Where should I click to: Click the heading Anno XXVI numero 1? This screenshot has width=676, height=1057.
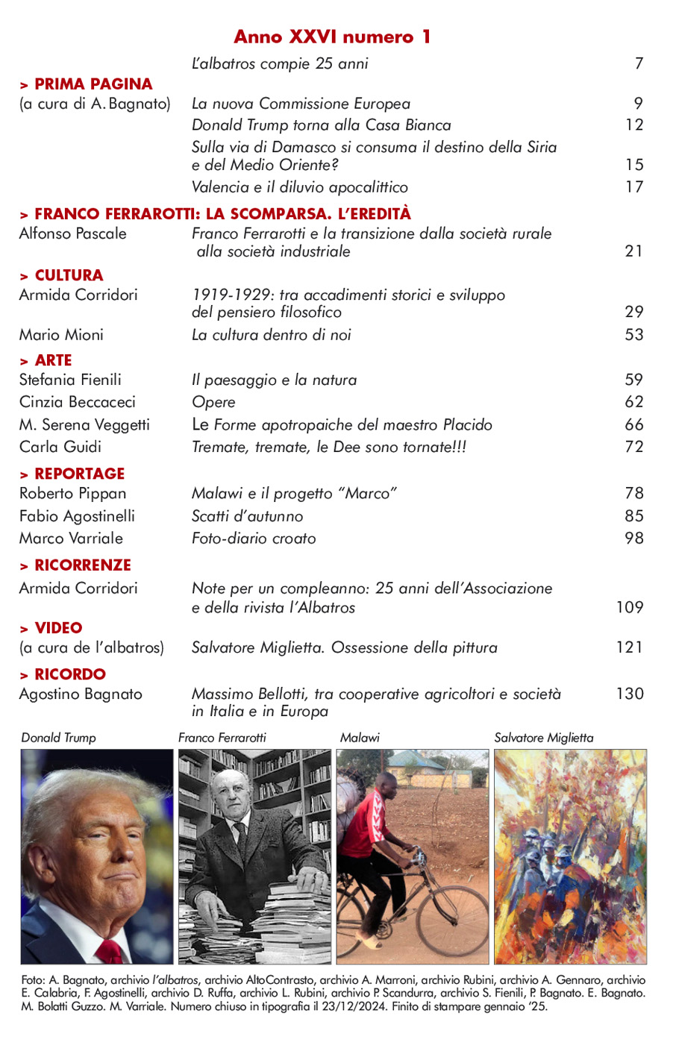pos(332,37)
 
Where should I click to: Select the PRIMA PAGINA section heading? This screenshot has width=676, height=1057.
pos(93,84)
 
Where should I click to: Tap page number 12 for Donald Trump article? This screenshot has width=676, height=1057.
pos(634,125)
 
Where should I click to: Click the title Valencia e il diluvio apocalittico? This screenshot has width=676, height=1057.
pos(299,186)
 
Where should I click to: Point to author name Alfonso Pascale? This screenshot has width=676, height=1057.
pos(72,233)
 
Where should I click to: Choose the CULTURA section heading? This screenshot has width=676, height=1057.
pos(68,275)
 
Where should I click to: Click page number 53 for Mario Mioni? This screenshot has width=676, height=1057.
pos(634,334)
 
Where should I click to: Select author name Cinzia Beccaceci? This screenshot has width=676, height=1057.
pos(77,401)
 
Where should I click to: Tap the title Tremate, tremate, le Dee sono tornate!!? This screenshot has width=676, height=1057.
pos(329,447)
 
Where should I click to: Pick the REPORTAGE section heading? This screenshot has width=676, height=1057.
pos(79,474)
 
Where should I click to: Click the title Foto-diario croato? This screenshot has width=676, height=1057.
pos(254,538)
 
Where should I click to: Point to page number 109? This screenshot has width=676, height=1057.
pos(630,607)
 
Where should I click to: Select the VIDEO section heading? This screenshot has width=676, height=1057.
pos(57,628)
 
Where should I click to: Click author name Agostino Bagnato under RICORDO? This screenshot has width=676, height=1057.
pos(81,694)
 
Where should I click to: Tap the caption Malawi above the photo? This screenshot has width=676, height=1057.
pos(360,738)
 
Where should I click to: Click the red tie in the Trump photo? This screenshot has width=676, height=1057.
pos(110,950)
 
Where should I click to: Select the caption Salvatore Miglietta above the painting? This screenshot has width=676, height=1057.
pos(544,738)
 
